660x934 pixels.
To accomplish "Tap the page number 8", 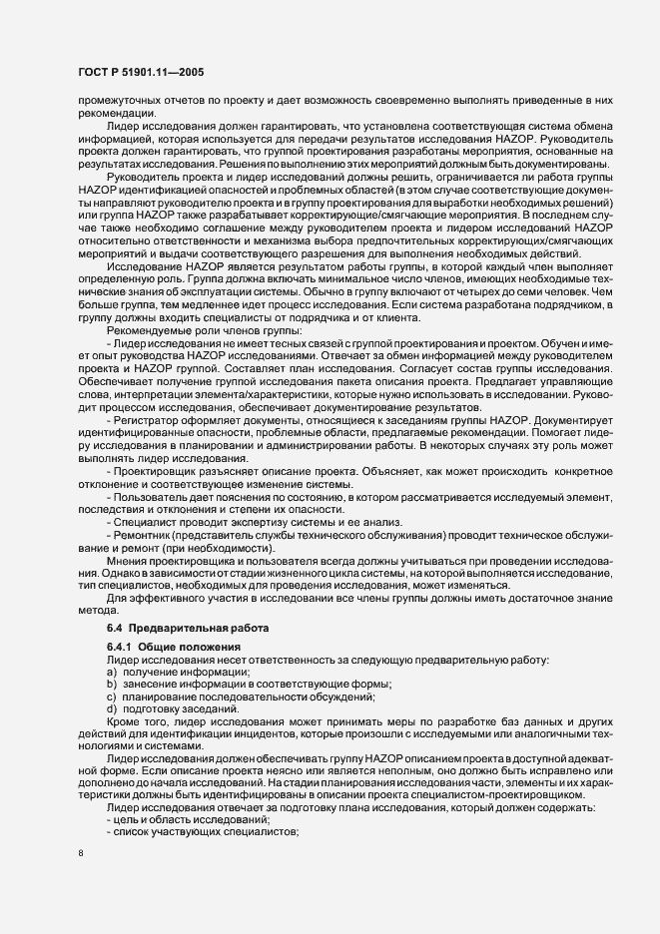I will [x=81, y=853].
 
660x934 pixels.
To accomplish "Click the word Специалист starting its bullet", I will [x=146, y=523].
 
